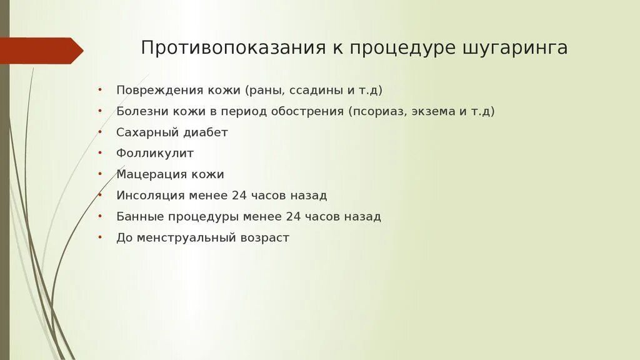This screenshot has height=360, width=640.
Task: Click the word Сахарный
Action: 143,132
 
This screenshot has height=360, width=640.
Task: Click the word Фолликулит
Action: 155,153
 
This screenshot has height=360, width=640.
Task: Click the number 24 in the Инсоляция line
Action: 239,196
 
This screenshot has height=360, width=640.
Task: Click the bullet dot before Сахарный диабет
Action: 100,131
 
